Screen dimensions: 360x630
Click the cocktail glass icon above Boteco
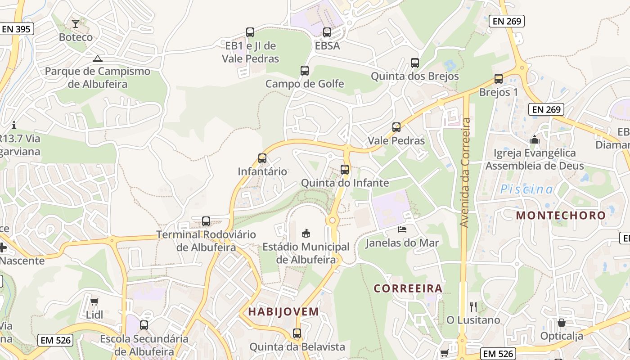76,23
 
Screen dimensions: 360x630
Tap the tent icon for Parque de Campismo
97,58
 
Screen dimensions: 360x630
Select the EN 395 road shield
16,29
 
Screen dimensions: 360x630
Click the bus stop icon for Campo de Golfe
305,71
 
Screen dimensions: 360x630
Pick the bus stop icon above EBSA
327,32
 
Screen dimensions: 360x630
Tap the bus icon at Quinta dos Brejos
415,63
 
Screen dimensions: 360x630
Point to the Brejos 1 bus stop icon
499,79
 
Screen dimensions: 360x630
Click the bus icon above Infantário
262,158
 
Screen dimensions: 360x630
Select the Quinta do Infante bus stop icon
345,170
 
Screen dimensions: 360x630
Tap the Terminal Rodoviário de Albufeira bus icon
206,221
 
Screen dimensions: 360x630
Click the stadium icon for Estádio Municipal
306,233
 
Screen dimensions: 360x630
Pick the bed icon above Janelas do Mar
402,229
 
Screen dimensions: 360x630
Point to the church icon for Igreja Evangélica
535,139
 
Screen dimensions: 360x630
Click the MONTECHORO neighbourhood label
561,215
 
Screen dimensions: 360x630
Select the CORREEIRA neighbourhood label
408,288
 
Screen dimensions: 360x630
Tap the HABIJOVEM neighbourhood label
283,311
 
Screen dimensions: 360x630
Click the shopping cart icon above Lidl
94,301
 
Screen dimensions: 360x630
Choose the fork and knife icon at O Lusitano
473,307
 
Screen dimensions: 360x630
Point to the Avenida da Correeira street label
465,172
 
